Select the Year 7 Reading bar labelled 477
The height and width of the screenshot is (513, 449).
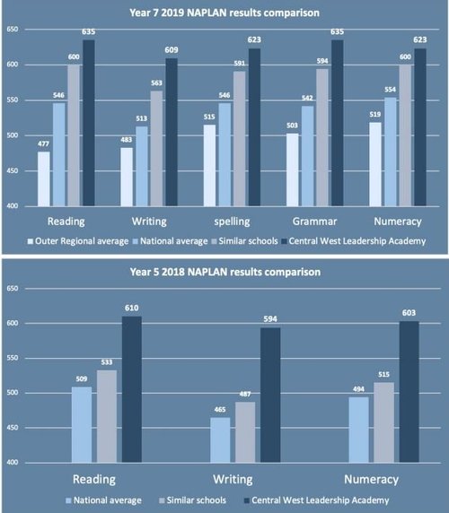[43, 178]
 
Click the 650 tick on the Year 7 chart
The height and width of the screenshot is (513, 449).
[13, 30]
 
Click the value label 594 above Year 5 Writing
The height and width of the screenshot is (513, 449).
[269, 318]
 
